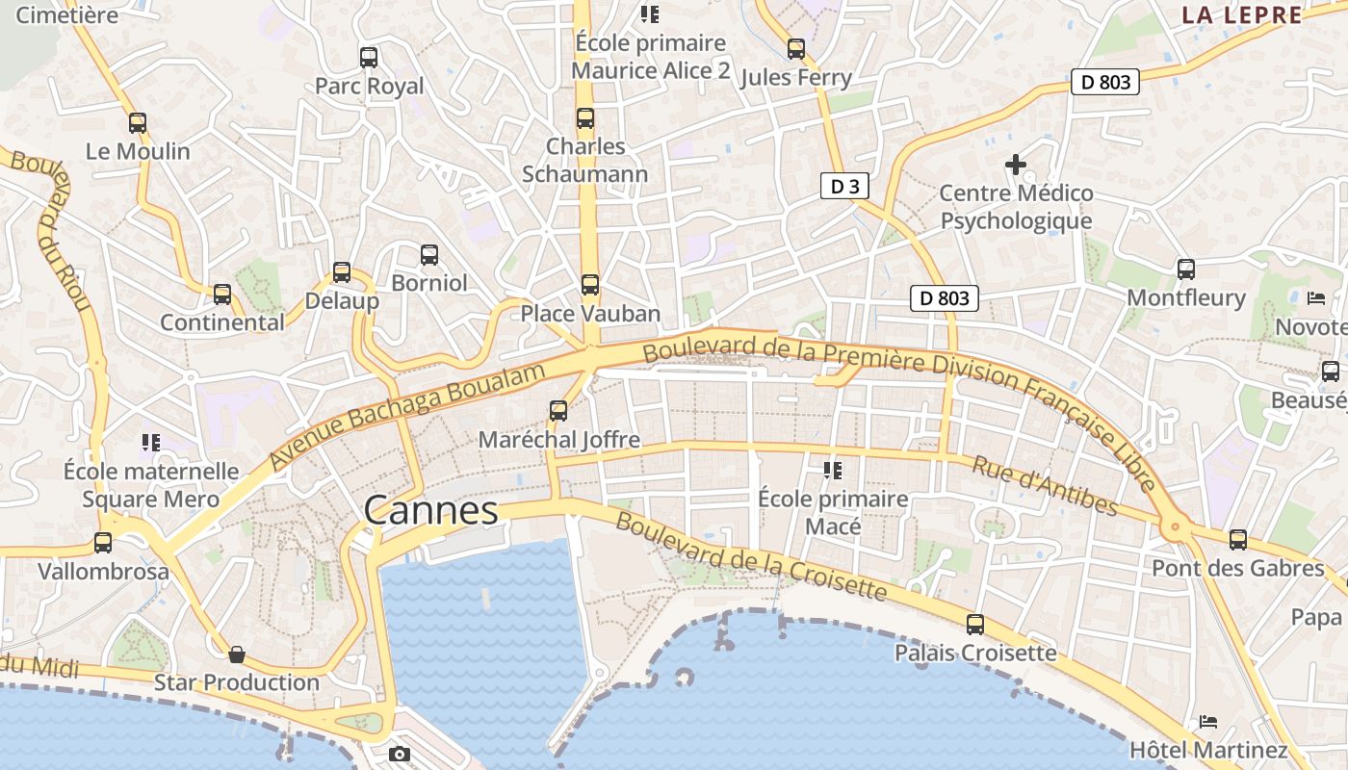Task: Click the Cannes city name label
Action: click(x=430, y=510)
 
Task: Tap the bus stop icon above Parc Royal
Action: click(x=369, y=58)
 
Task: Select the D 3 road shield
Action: click(x=844, y=186)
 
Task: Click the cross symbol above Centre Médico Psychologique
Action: click(x=1015, y=165)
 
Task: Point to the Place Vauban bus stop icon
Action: click(x=590, y=285)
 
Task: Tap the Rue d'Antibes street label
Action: click(x=1045, y=486)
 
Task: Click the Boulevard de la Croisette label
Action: click(x=750, y=556)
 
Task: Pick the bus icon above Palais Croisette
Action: click(x=975, y=625)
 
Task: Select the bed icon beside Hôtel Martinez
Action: click(x=1208, y=721)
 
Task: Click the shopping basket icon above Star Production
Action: click(x=237, y=655)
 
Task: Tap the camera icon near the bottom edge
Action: click(x=400, y=754)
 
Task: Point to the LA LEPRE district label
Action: click(x=1242, y=14)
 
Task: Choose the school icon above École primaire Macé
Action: click(x=833, y=471)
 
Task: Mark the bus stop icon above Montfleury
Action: click(x=1186, y=269)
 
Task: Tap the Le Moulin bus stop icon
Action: click(x=138, y=123)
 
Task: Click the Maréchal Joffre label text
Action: click(x=559, y=440)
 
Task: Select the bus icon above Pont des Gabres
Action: click(x=1238, y=540)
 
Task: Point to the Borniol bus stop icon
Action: click(x=429, y=255)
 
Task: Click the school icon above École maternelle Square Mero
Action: click(x=150, y=443)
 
